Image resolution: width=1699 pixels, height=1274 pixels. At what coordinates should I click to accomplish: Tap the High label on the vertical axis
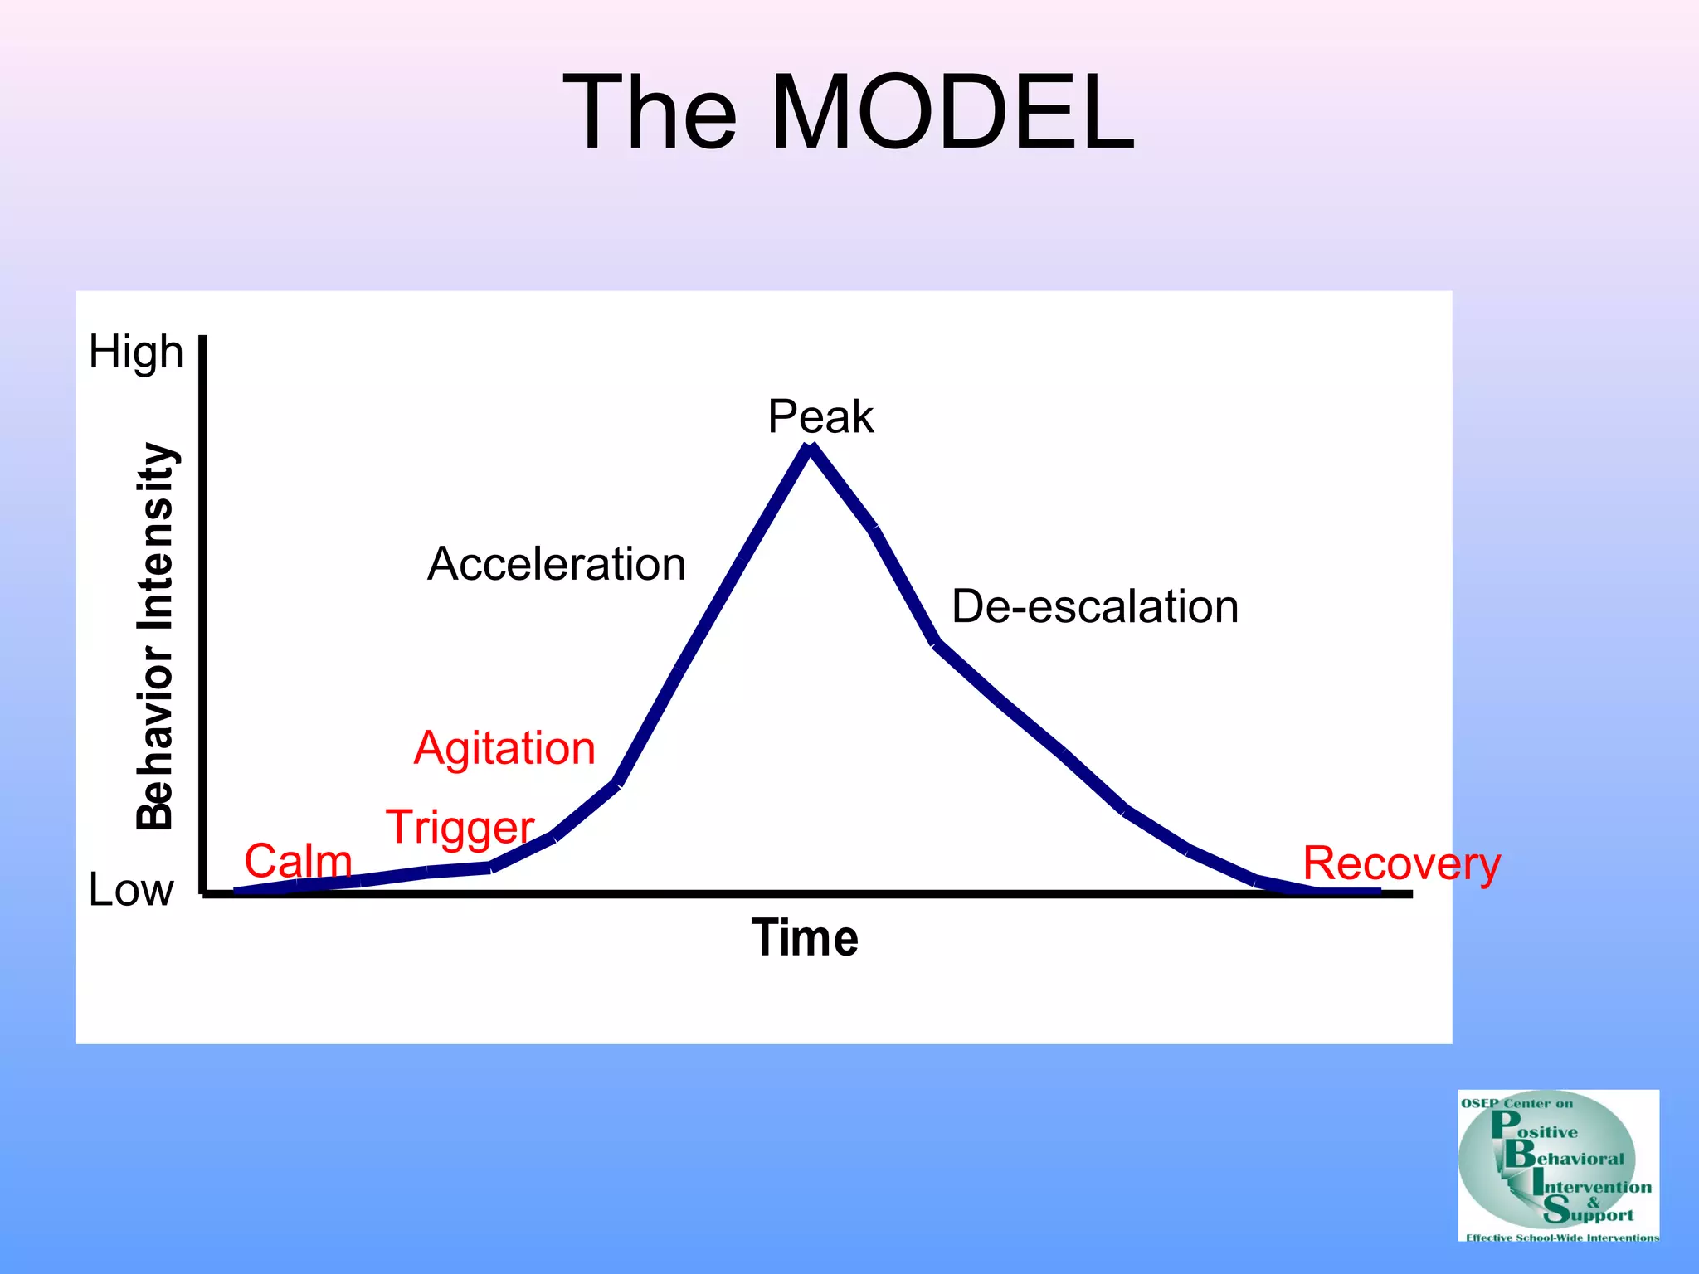coord(136,352)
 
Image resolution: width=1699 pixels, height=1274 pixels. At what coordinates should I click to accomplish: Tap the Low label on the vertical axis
coord(131,890)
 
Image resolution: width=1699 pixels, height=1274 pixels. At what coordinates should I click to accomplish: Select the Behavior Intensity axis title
coord(155,636)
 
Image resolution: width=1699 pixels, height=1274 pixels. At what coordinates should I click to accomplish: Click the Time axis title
coord(805,938)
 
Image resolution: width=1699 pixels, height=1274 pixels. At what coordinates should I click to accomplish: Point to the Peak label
coord(820,416)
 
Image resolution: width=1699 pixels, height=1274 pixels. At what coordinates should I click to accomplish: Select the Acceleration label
coord(557,564)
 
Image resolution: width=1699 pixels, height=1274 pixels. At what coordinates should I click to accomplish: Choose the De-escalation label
coord(1094,606)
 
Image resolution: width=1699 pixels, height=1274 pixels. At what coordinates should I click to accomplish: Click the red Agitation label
coord(504,748)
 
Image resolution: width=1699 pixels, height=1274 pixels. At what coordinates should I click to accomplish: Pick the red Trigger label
coord(460,828)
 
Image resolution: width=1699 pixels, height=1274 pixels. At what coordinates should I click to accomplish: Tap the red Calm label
coord(298,861)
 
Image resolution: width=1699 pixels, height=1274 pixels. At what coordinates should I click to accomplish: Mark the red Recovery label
coord(1401,864)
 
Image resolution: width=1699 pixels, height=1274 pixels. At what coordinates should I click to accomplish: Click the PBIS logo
coord(1558,1165)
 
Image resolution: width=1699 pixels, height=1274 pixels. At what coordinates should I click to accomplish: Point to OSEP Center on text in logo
coord(1516,1104)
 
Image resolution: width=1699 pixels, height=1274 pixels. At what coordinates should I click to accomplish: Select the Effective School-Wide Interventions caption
coord(1561,1238)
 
